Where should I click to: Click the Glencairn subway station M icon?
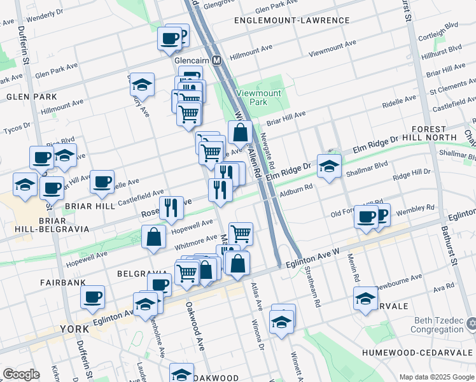216,60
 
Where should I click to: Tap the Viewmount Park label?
259,97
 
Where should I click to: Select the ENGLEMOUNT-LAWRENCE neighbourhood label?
291,20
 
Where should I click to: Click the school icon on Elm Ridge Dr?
328,167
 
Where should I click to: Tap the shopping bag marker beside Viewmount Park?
240,133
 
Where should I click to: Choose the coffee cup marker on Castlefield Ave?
102,183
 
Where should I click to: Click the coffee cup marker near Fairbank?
93,297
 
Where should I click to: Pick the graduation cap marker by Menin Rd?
365,299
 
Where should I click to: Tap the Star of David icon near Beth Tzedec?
470,325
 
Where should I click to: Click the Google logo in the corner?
21,374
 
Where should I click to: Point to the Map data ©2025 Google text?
437,377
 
